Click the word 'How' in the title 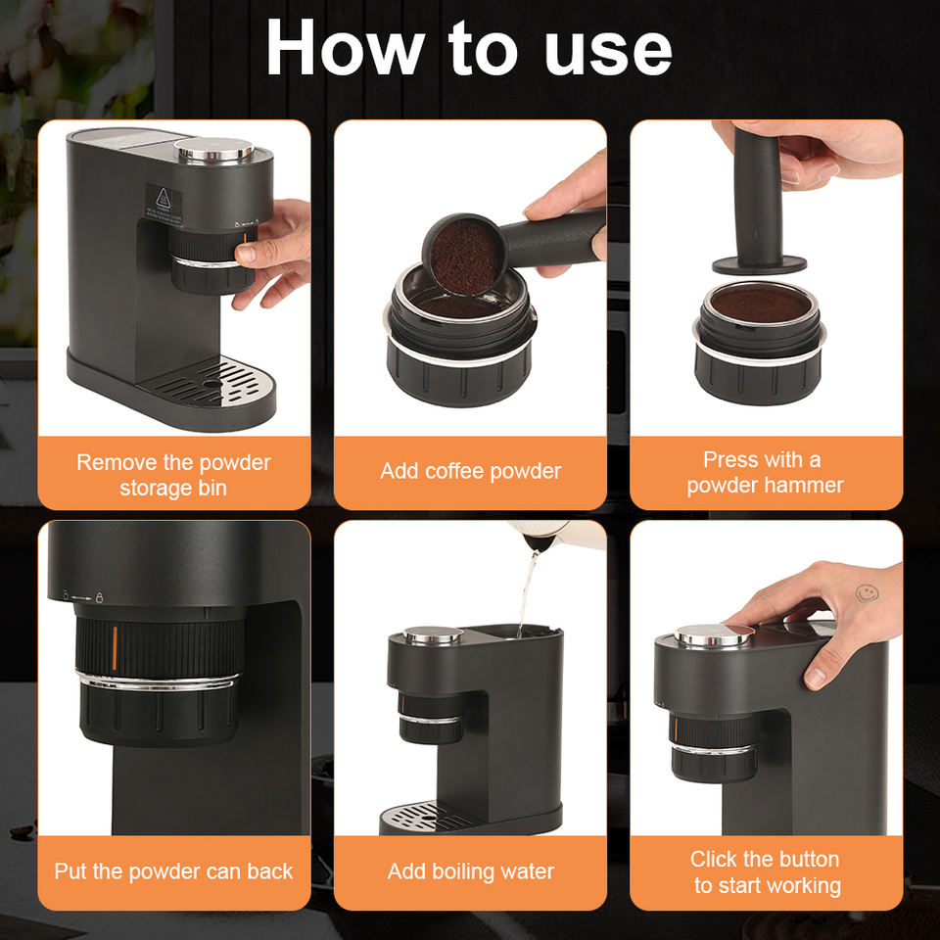[346, 47]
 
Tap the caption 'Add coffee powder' [471, 471]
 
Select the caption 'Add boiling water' [471, 871]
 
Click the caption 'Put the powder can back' [173, 871]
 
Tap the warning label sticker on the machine [164, 204]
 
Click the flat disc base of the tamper [759, 263]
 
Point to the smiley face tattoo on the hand [867, 593]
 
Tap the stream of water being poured [527, 593]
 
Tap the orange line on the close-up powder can [114, 648]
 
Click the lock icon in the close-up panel [100, 597]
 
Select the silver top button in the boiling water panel [432, 635]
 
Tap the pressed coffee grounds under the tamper [760, 303]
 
